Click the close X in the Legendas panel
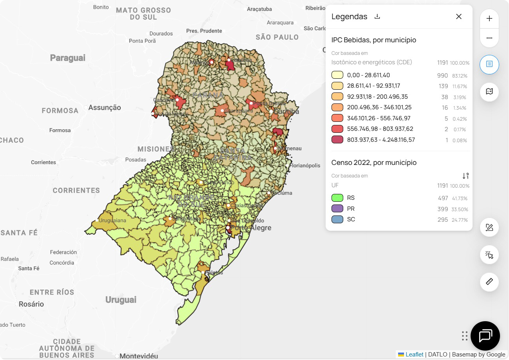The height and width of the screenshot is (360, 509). tap(458, 16)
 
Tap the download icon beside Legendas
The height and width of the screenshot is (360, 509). tap(377, 16)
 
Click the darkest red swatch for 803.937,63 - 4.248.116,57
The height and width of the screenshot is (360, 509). tap(337, 139)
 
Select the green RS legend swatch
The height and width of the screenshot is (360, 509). tap(337, 198)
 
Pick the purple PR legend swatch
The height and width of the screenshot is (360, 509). tap(337, 209)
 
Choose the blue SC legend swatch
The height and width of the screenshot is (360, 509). tap(337, 219)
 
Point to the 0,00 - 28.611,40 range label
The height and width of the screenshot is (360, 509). tap(368, 75)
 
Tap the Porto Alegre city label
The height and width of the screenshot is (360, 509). tap(251, 228)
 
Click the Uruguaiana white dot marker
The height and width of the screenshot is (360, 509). tap(97, 221)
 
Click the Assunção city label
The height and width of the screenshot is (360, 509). tap(105, 107)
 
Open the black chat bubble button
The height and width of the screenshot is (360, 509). tap(485, 336)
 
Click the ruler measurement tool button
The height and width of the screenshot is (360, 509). tap(489, 282)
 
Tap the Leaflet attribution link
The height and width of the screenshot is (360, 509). tap(414, 355)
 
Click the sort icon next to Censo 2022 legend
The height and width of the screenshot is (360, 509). tap(465, 176)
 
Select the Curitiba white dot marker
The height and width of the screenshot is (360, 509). tap(271, 112)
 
